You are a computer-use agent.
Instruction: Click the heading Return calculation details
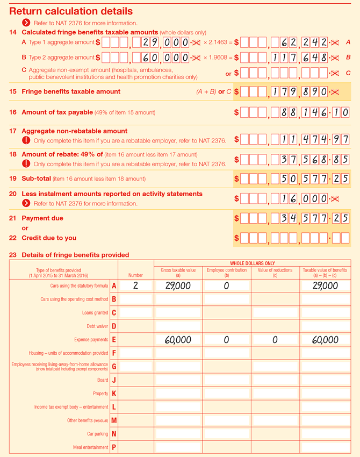(71, 11)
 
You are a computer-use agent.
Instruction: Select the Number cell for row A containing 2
(135, 286)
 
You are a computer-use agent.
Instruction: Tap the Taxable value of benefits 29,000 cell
(325, 286)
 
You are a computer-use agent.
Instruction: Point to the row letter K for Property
(113, 394)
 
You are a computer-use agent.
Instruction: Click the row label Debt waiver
(97, 326)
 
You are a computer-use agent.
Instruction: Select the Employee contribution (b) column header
(226, 272)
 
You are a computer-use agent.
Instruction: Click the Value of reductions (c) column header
(275, 272)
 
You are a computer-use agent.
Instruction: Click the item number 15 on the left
(13, 91)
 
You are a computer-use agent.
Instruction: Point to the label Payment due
(42, 218)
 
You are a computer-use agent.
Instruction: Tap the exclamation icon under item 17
(26, 140)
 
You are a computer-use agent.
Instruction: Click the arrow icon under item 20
(26, 203)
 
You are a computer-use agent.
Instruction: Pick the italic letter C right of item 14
(348, 73)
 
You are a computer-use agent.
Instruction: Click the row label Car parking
(97, 434)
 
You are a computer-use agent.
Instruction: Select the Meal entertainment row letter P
(113, 447)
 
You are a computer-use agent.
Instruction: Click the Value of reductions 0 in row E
(275, 340)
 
